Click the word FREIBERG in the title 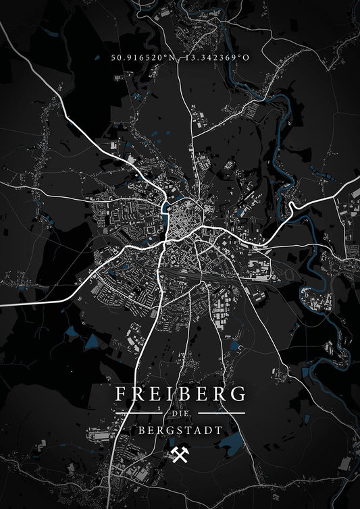(180, 393)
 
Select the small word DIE (180, 413)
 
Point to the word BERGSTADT (180, 429)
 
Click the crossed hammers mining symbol (181, 454)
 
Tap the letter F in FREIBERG (121, 393)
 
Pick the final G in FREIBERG (238, 393)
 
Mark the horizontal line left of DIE (141, 413)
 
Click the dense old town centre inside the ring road (181, 221)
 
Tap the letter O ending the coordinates (246, 57)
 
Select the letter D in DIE (173, 413)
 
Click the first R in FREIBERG (136, 393)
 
